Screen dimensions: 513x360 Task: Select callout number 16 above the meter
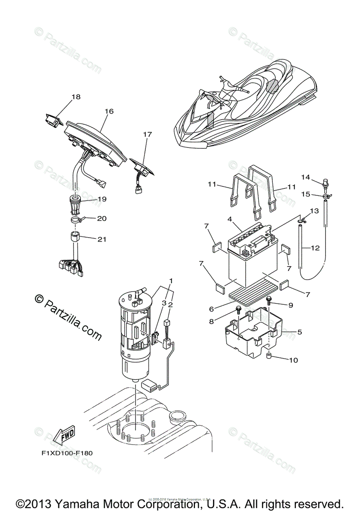pyautogui.click(x=109, y=111)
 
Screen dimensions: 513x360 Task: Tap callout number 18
pyautogui.click(x=76, y=97)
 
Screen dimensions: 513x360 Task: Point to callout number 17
pyautogui.click(x=147, y=134)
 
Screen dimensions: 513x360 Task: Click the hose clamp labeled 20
pyautogui.click(x=78, y=221)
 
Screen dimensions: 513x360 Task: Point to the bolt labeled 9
pyautogui.click(x=269, y=300)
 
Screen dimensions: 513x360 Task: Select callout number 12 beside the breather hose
pyautogui.click(x=315, y=248)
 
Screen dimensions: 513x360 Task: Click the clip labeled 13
pyautogui.click(x=302, y=221)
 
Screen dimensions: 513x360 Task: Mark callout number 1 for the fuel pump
pyautogui.click(x=171, y=281)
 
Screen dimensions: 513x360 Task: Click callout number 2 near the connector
pyautogui.click(x=170, y=305)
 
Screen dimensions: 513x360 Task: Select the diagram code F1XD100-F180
pyautogui.click(x=67, y=453)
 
